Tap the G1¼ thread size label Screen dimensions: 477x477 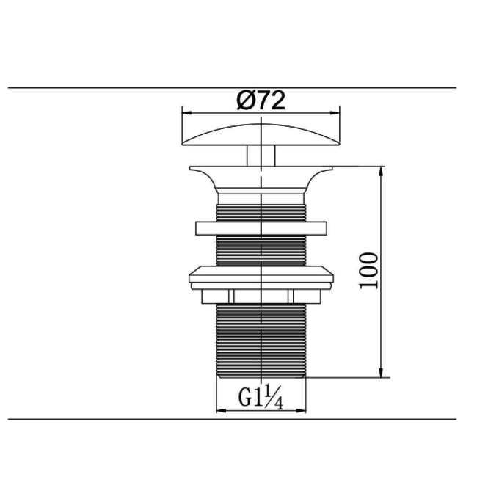click(x=261, y=398)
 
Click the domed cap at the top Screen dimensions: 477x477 click(x=262, y=136)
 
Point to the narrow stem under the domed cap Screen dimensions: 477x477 click(x=262, y=156)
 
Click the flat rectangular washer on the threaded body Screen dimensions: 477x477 click(x=262, y=228)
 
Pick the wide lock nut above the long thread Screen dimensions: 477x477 click(x=262, y=277)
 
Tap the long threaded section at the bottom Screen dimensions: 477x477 click(x=262, y=338)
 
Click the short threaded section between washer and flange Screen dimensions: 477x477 click(x=262, y=211)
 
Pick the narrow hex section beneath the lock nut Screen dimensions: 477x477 click(x=262, y=295)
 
